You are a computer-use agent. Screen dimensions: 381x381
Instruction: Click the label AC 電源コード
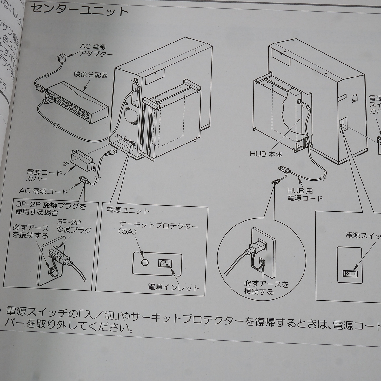click(x=43, y=191)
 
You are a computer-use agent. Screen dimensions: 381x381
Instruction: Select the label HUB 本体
click(x=266, y=154)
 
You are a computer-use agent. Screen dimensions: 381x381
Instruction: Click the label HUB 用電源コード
click(x=304, y=194)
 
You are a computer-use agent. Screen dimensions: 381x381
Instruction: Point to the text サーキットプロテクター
click(x=158, y=226)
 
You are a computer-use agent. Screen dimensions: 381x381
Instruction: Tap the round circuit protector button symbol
click(x=144, y=263)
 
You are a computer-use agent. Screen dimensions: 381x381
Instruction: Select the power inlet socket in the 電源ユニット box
click(x=165, y=263)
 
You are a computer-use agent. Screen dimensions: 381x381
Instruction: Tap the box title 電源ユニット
click(x=128, y=211)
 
